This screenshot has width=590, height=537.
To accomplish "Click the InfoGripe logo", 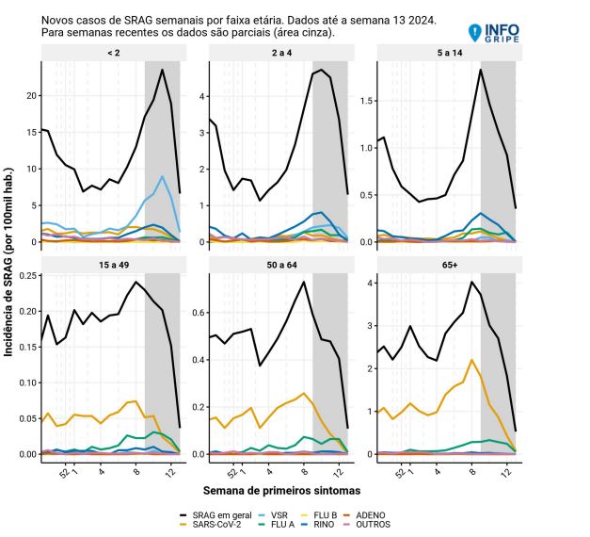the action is tap(494, 33).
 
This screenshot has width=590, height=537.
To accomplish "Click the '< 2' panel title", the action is tap(114, 53).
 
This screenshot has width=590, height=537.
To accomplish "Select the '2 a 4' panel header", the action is tap(281, 53).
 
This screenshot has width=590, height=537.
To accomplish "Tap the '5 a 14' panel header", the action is tap(450, 53).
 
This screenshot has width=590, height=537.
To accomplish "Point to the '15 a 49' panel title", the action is tap(114, 265).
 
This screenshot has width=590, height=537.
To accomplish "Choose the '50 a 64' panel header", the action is tap(281, 265).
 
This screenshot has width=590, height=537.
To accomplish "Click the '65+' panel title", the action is tap(450, 265).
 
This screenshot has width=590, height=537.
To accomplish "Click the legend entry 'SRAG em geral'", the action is tap(215, 515).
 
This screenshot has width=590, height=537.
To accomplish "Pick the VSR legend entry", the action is tap(274, 515).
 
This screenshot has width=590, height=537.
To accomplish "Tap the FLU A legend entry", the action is tap(277, 524).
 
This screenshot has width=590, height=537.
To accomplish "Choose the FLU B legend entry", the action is tap(319, 515).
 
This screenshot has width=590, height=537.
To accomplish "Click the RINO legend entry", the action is tap(318, 524).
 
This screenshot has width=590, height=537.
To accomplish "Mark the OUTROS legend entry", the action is tap(367, 524).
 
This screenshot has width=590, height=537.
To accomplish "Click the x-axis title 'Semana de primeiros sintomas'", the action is tap(281, 491).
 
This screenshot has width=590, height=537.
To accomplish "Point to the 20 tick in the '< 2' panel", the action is tap(32, 96).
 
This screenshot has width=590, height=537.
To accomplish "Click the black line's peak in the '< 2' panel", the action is tap(162, 70).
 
